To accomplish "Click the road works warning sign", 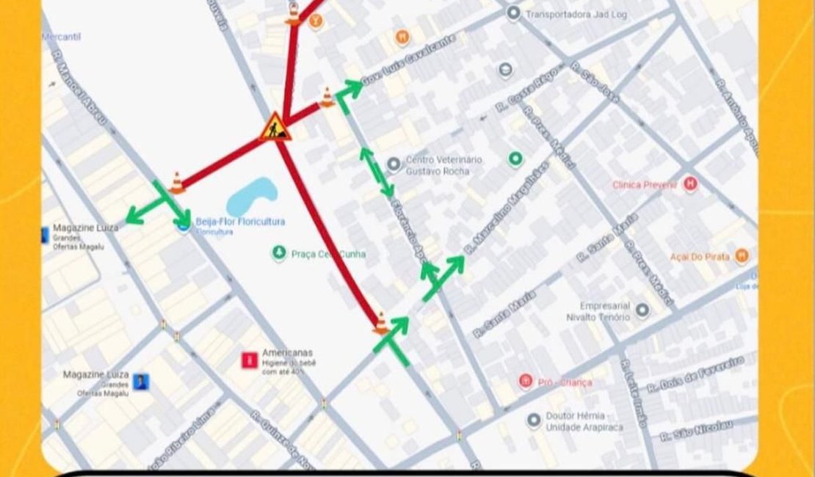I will click(275, 127).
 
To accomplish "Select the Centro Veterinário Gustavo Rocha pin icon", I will click(394, 163).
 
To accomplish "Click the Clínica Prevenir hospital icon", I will click(689, 183).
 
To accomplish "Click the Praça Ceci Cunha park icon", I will click(278, 253).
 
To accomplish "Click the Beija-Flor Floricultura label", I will click(240, 222).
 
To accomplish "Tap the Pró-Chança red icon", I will click(526, 381).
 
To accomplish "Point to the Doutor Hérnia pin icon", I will click(534, 420).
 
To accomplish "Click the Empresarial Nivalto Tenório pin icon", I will click(642, 310).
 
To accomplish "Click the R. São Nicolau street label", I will click(696, 427).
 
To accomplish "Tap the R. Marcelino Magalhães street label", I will click(507, 208).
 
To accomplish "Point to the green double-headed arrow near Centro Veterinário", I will click(375, 172).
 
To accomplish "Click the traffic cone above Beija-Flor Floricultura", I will click(176, 182).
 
